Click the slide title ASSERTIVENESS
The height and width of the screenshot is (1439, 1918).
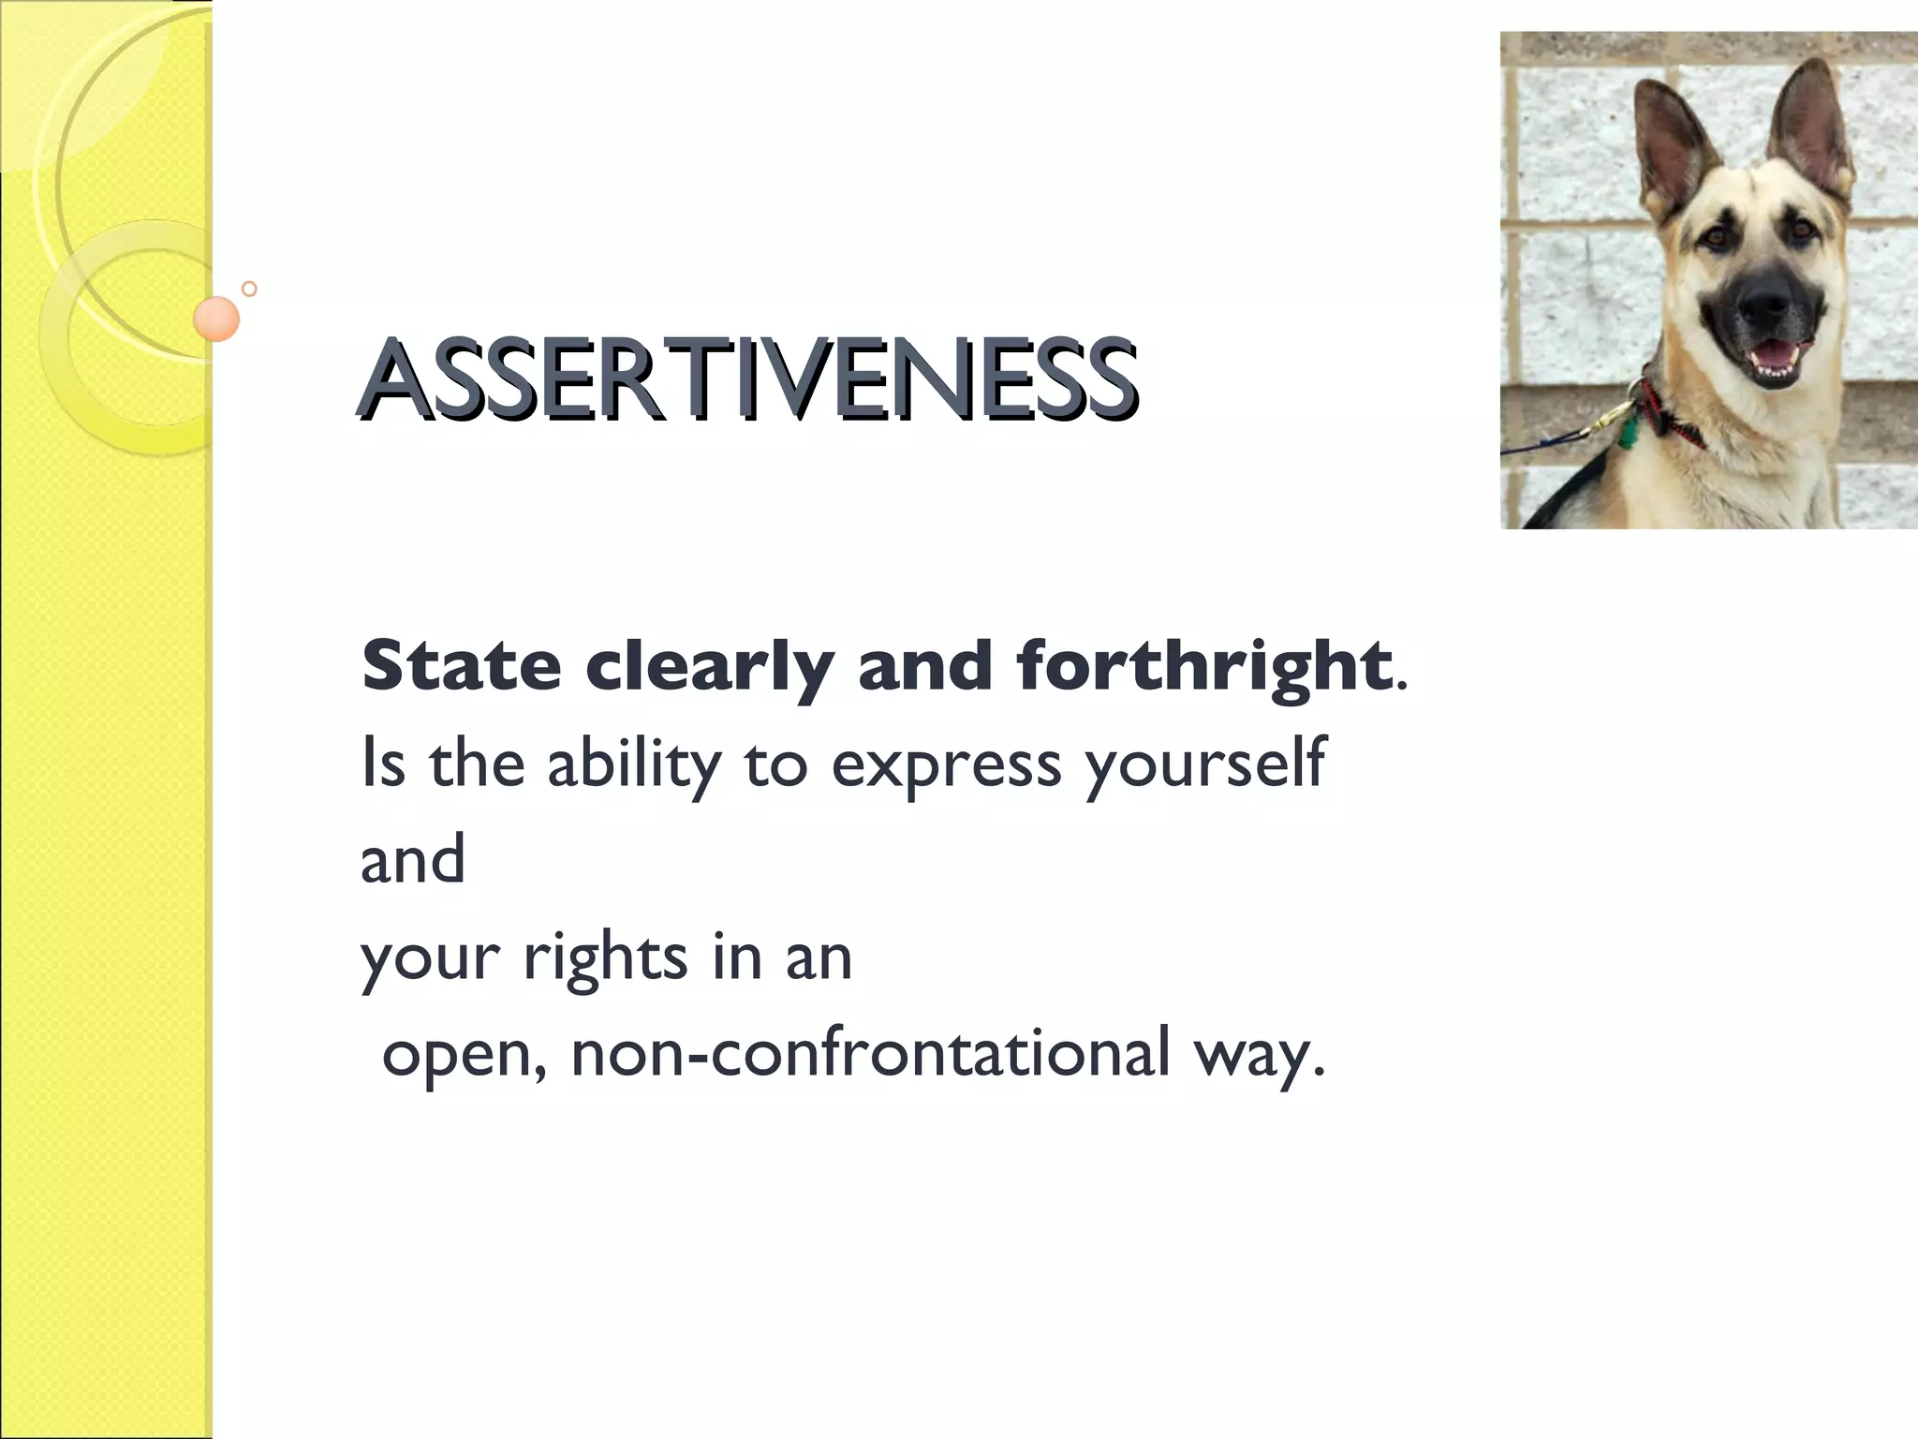click(747, 378)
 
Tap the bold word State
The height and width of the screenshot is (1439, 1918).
click(461, 666)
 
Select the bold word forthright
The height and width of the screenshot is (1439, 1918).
click(1203, 666)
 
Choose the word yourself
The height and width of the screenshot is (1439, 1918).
click(1204, 764)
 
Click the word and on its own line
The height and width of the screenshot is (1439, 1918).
click(412, 859)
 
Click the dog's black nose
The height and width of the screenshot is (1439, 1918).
click(1765, 305)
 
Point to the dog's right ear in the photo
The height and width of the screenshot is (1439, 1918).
click(1812, 131)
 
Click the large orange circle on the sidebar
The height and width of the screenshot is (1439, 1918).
click(216, 319)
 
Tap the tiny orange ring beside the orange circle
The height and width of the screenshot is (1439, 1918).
click(249, 289)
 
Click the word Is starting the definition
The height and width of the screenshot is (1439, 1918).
click(383, 764)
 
